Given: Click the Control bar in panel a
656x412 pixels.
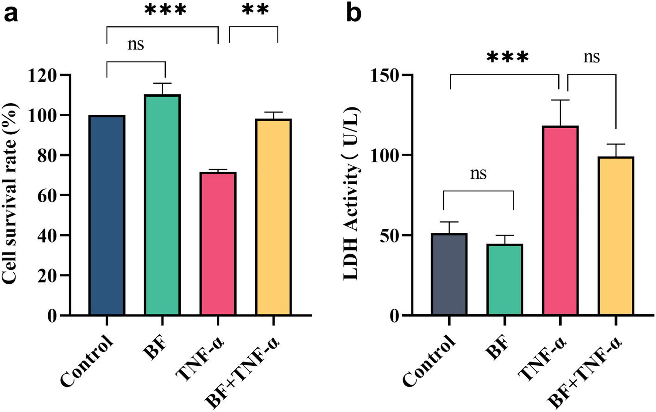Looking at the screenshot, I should [x=107, y=215].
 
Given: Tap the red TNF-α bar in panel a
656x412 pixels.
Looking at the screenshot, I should [x=218, y=243].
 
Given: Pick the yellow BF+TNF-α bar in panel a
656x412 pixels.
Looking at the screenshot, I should [x=273, y=217].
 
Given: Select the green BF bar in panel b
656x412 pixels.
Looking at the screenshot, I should [x=505, y=280].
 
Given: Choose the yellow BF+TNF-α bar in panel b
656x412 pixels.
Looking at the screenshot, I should [x=616, y=236].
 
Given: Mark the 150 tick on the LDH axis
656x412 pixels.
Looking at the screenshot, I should [x=386, y=75].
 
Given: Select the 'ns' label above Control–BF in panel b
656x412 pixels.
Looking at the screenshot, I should [x=479, y=174].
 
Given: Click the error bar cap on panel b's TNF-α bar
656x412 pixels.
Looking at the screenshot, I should [x=560, y=100].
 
